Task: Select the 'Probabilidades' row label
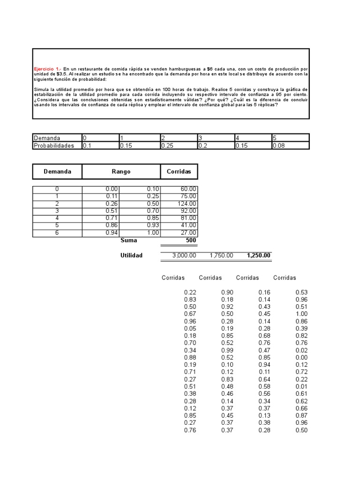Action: (54, 145)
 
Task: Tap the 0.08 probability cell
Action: (278, 145)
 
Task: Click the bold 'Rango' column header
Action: (121, 172)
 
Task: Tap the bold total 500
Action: (191, 240)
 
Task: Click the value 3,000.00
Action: (184, 255)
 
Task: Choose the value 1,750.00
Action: (221, 255)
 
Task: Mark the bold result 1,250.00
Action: (259, 255)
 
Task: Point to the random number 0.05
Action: (190, 329)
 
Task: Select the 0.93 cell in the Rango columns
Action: (153, 225)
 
